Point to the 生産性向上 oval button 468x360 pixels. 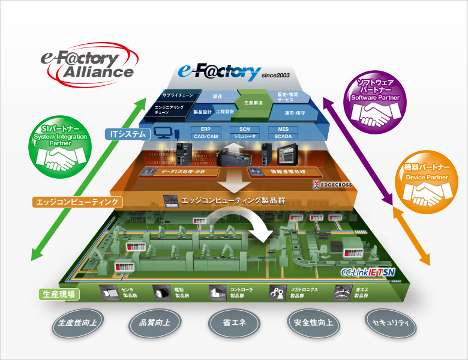[x=79, y=323]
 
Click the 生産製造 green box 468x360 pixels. [x=252, y=103]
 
